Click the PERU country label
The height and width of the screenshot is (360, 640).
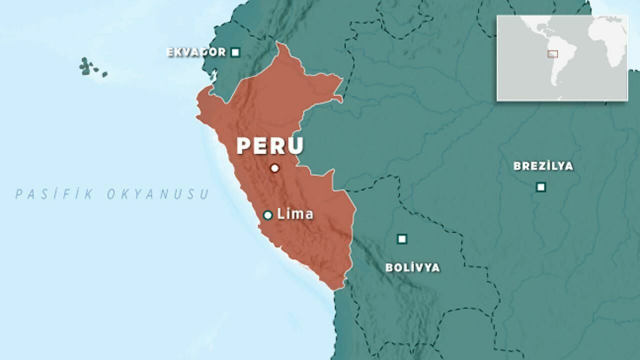270,145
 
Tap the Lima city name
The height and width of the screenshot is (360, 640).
295,214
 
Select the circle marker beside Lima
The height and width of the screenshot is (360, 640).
267,215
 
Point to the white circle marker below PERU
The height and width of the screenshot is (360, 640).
274,168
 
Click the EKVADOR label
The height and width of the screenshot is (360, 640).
196,52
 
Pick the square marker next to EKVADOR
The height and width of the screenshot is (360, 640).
235,52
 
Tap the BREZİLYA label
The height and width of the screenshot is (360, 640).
543,166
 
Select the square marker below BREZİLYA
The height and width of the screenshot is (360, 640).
540,187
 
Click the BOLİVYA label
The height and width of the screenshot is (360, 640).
412,267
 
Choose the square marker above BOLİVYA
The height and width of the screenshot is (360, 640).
401,239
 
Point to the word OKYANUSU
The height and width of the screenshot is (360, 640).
157,194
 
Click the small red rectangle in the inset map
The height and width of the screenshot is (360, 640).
552,53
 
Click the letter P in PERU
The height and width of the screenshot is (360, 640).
243,145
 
